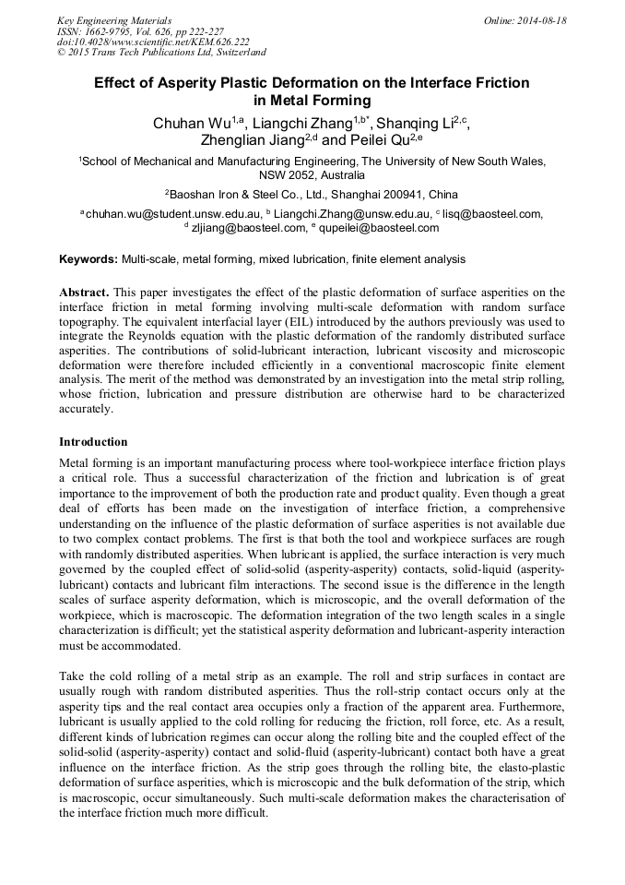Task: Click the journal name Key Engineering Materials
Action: [113, 20]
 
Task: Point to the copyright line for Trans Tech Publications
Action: [161, 53]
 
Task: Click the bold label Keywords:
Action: [88, 260]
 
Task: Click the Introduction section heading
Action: [93, 442]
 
